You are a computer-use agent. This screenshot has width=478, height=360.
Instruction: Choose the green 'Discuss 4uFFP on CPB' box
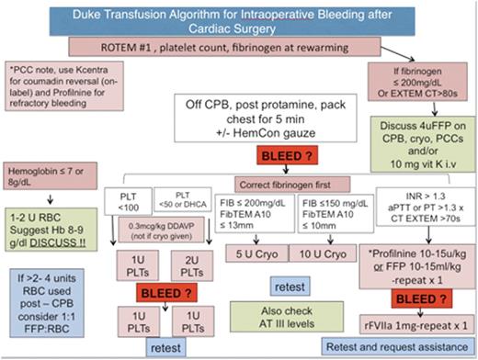click(425, 142)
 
